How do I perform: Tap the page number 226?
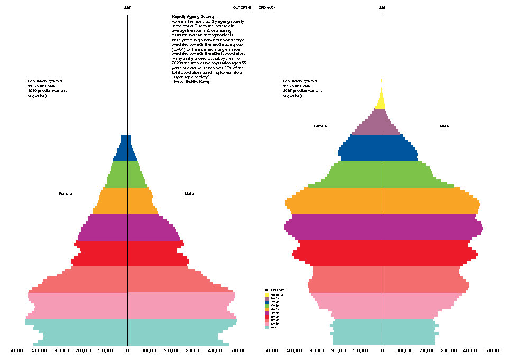127,7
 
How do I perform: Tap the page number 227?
382,7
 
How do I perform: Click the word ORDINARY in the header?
267,7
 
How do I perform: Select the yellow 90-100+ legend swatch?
266,295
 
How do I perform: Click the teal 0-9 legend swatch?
266,327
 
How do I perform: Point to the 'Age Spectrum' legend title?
271,290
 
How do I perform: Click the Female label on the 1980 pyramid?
65,194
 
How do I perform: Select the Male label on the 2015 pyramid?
444,126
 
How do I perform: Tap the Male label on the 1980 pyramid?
189,194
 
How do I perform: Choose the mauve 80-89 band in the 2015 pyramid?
382,127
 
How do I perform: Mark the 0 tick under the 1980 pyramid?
127,350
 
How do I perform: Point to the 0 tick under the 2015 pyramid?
382,350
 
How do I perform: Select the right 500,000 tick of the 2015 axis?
493,350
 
